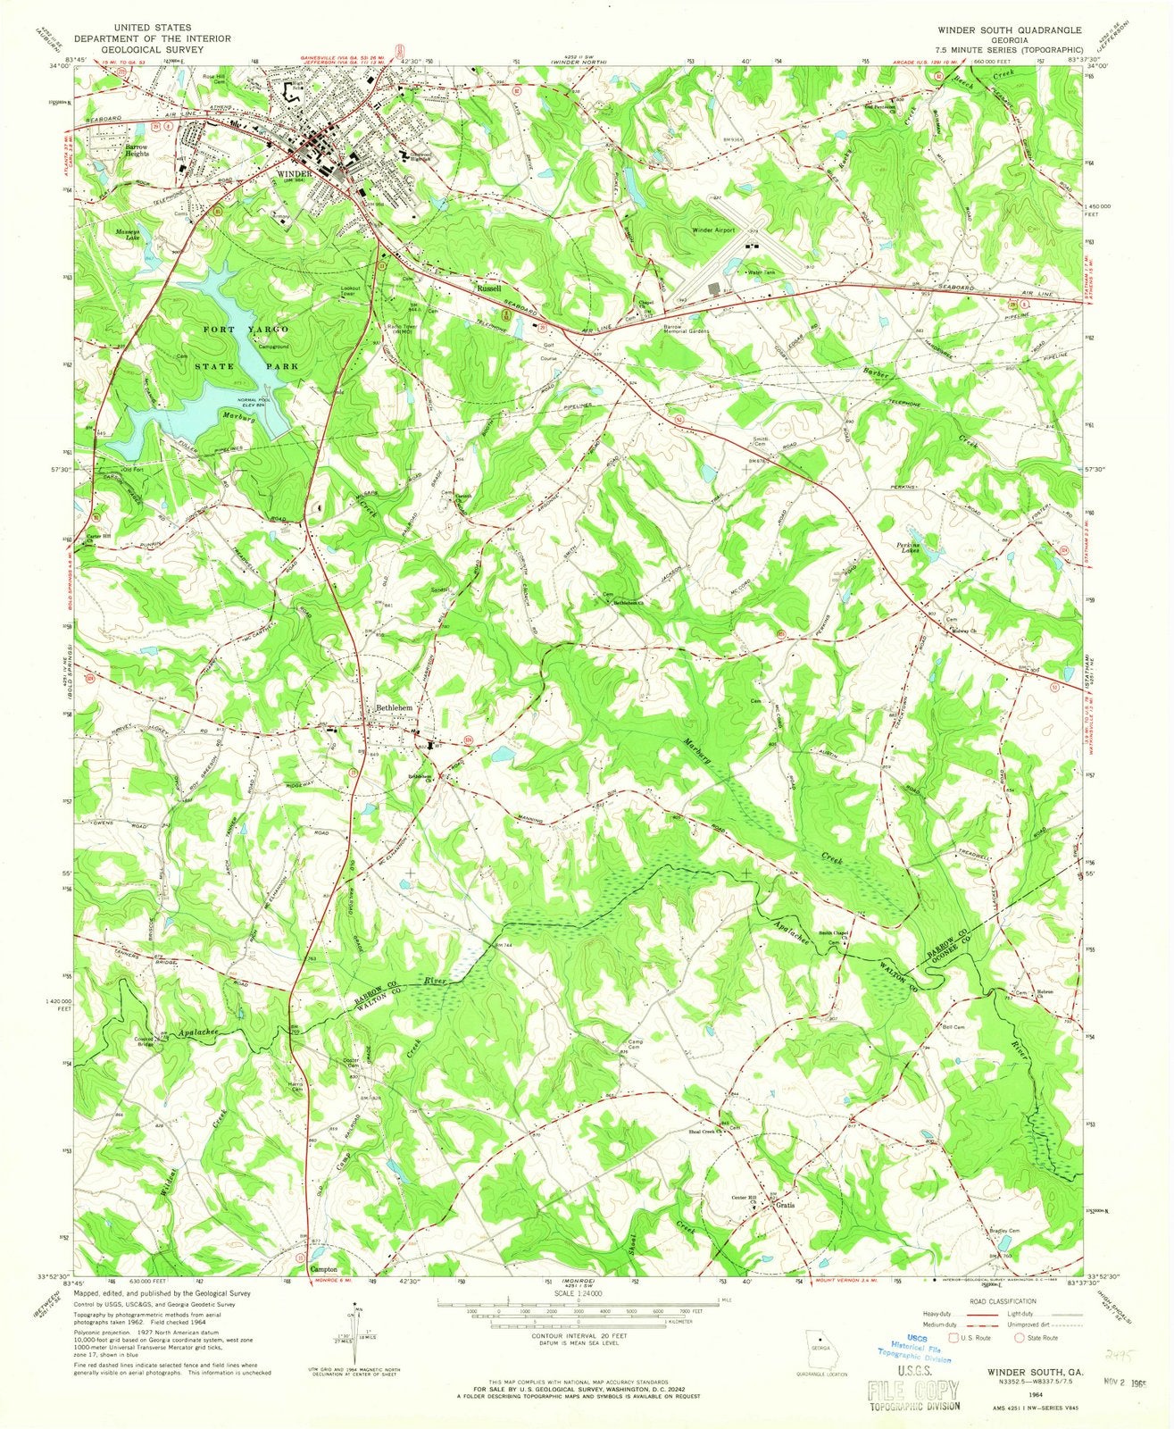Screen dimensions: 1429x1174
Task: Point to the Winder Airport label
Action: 713,230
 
